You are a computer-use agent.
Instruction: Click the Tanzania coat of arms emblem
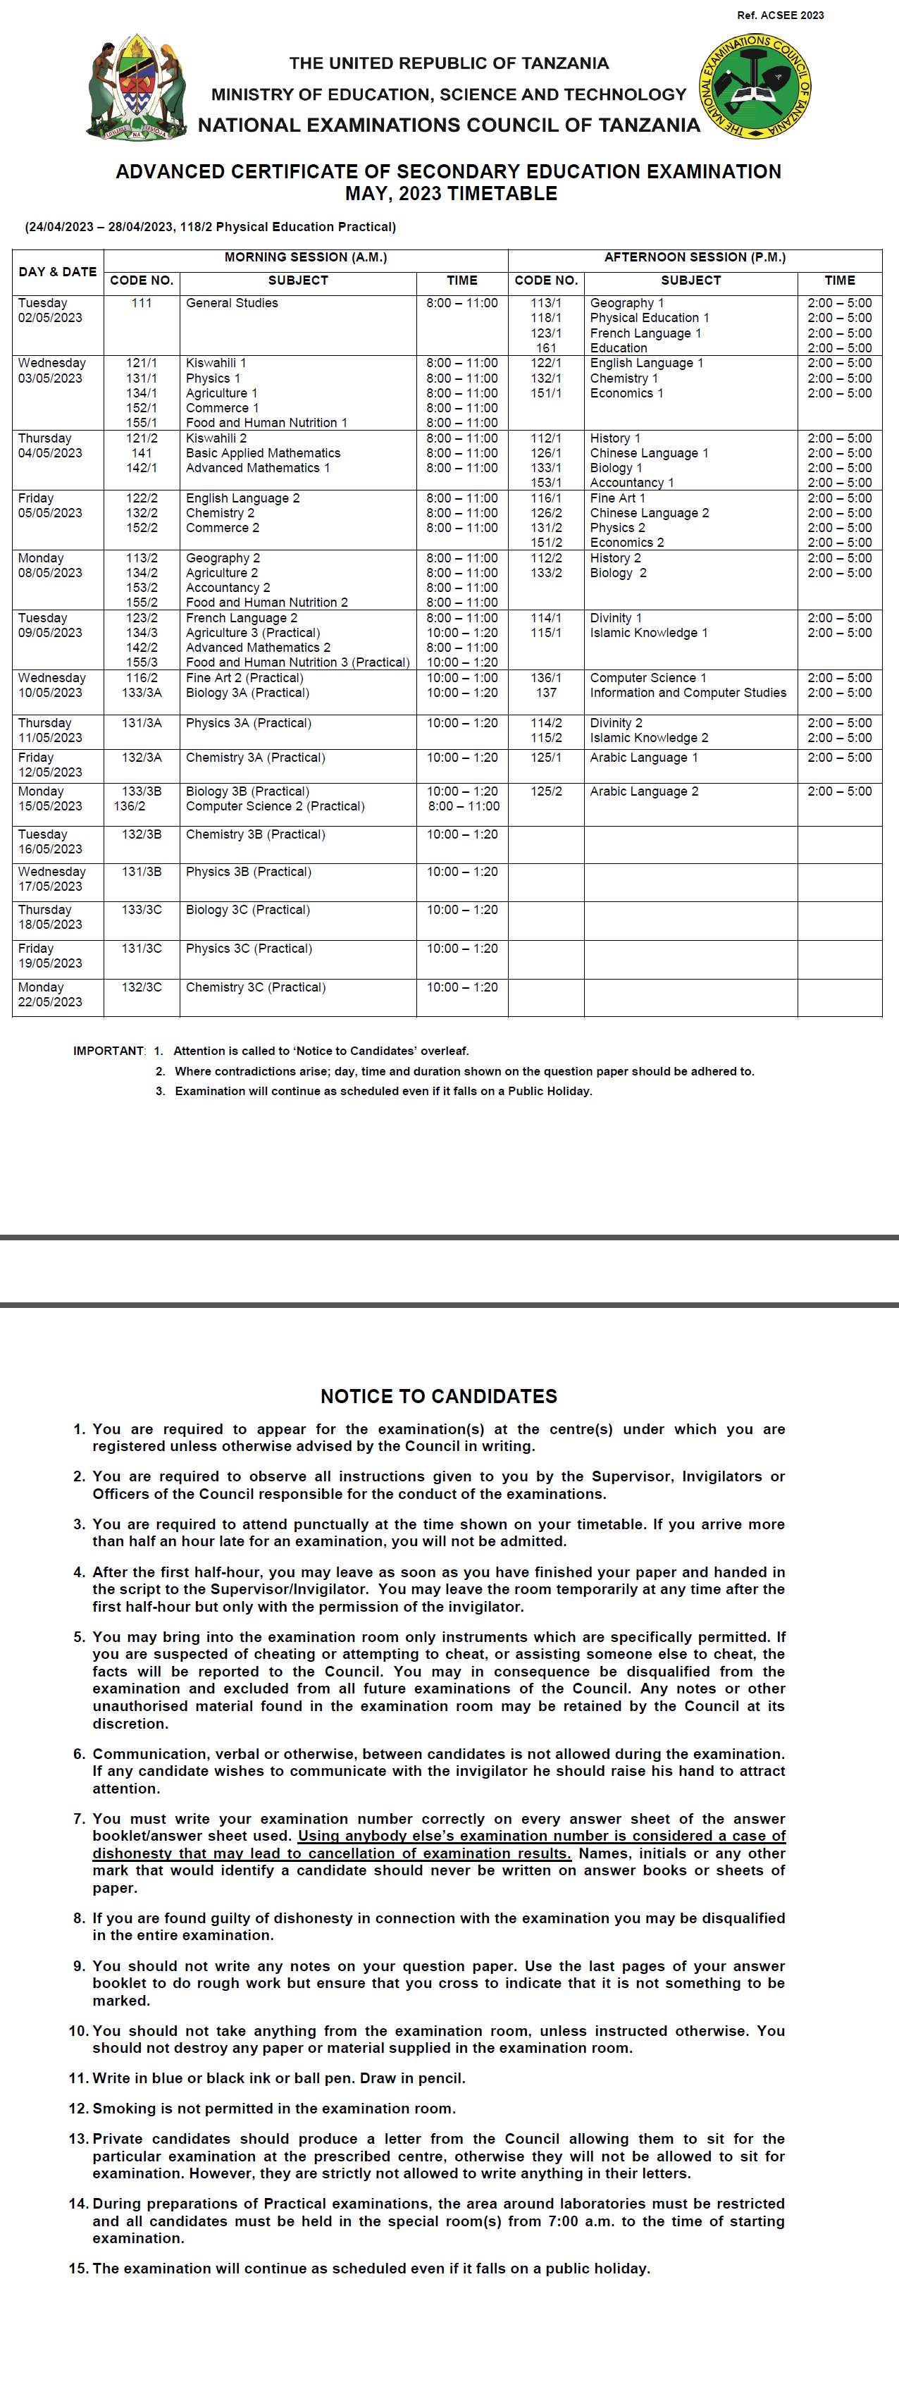(137, 89)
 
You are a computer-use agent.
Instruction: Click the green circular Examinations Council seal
(755, 87)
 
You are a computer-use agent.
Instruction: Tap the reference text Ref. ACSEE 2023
(780, 15)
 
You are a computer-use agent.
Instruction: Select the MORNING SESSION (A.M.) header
(306, 257)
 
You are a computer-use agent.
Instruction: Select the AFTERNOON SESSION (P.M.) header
(694, 257)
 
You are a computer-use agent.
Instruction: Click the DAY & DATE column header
(58, 271)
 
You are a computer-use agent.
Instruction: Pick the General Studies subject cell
(232, 303)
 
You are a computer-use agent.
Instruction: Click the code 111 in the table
(142, 303)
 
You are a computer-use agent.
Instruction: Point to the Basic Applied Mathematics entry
(263, 453)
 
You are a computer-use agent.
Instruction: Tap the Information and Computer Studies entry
(688, 693)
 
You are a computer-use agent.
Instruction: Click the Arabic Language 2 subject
(644, 791)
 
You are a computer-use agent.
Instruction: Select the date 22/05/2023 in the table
(50, 1002)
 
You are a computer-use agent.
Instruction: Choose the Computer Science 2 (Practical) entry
(275, 806)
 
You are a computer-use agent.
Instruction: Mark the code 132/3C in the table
(142, 987)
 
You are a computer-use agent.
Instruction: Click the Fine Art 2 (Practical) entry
(244, 678)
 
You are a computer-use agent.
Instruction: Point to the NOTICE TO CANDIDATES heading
(439, 1396)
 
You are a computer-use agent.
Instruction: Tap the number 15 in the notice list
(78, 2269)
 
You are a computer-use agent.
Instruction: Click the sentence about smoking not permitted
(274, 2109)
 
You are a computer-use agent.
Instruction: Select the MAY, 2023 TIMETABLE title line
(451, 194)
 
